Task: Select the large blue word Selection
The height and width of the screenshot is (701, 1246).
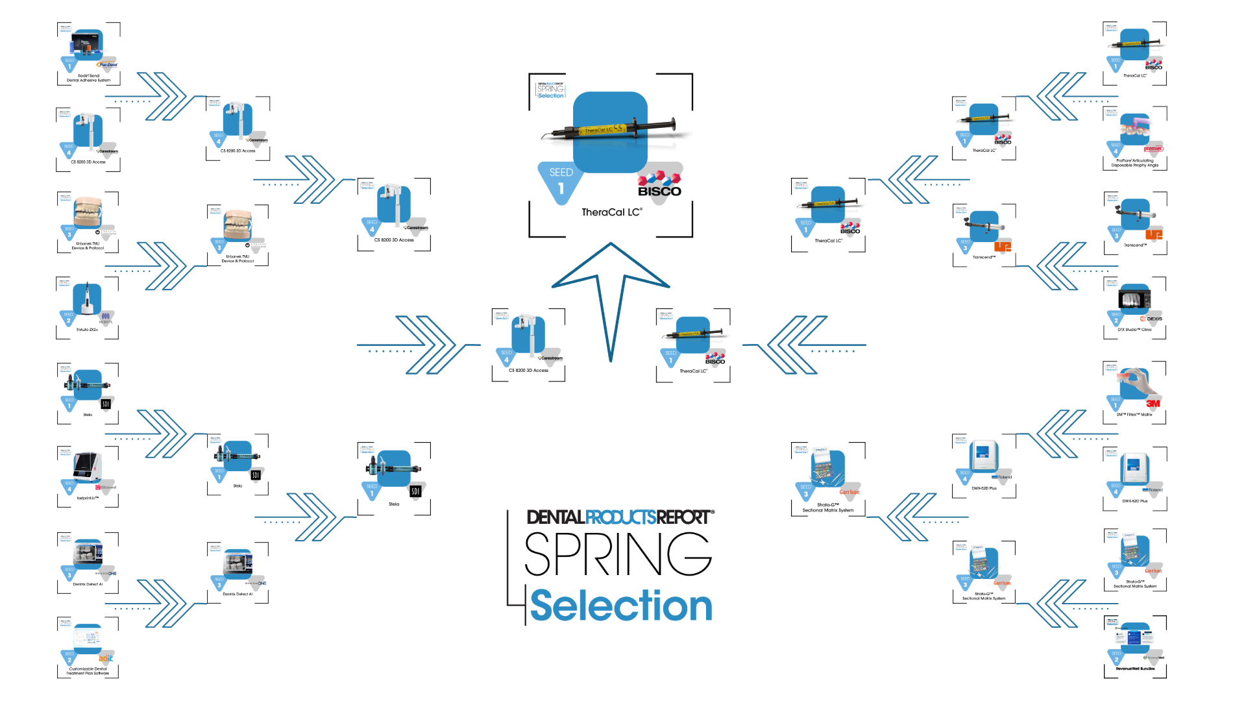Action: click(621, 606)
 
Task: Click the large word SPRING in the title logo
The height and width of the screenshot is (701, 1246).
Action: click(618, 554)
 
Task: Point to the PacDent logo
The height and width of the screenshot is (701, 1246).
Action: click(107, 64)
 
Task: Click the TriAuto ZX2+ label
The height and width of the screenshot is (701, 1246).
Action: click(87, 330)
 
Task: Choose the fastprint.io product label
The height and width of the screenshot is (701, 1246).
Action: click(88, 498)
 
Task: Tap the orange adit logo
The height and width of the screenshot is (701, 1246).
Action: click(106, 658)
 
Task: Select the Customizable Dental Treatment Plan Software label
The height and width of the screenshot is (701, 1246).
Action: click(88, 671)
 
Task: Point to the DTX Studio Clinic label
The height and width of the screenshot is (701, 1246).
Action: click(1134, 330)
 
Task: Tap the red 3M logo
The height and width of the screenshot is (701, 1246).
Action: click(1153, 404)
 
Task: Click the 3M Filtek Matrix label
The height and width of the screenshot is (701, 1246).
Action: click(1134, 414)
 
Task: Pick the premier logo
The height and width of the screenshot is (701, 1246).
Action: click(1153, 149)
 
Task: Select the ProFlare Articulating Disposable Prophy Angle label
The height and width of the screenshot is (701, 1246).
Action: click(1134, 163)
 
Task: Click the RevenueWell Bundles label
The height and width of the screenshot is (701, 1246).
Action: click(1135, 669)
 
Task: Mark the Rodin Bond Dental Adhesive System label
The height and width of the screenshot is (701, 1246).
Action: click(88, 78)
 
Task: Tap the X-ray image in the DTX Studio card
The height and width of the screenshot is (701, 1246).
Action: click(1134, 299)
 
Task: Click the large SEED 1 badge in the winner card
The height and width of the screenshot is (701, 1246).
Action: click(561, 182)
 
